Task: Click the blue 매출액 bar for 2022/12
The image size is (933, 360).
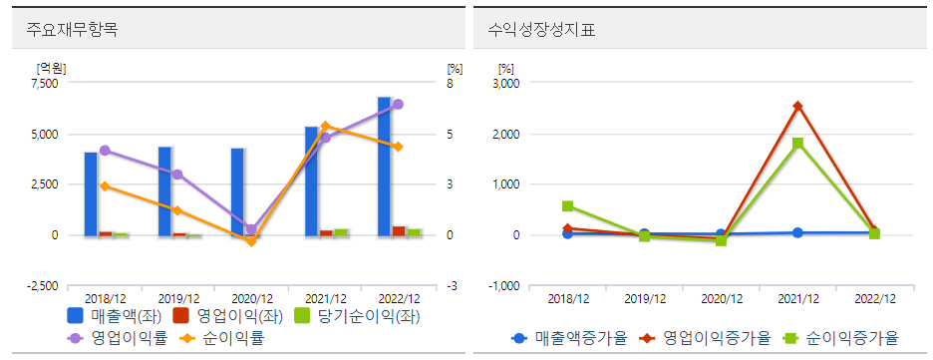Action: point(384,167)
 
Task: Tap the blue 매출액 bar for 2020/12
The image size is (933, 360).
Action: point(237,191)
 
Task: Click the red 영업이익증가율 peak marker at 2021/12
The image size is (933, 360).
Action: point(797,106)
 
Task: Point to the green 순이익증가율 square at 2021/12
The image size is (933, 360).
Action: point(797,143)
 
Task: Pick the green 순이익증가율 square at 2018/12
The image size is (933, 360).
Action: point(567,206)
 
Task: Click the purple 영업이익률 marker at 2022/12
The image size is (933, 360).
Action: point(398,104)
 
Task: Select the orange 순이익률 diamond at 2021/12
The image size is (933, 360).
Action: point(325,126)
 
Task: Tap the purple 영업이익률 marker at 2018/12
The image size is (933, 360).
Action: point(105,151)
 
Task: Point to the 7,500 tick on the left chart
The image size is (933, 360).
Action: point(45,84)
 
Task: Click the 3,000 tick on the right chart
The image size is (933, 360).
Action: point(506,84)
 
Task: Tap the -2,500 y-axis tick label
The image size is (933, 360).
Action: point(42,286)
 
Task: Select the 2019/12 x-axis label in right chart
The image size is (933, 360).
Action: point(644,298)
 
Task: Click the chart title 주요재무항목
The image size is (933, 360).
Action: point(72,29)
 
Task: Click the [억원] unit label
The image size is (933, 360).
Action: point(50,68)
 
